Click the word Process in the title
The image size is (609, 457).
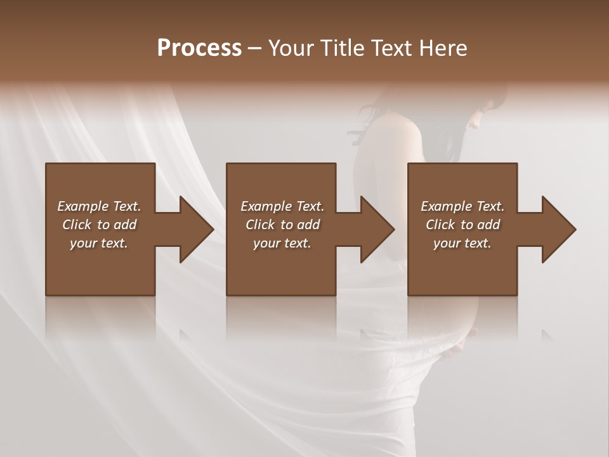click(x=199, y=48)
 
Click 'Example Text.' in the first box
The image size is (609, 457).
click(x=99, y=206)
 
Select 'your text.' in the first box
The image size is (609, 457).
click(x=99, y=243)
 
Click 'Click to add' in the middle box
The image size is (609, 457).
click(x=282, y=225)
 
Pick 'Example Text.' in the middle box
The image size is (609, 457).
click(x=282, y=206)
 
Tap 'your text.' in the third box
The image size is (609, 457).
click(x=462, y=243)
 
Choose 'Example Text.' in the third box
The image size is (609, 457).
click(x=462, y=206)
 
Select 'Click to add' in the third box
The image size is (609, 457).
click(x=462, y=225)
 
